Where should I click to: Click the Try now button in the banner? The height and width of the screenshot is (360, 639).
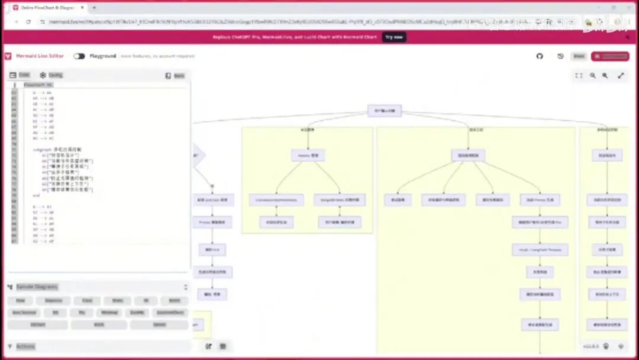point(394,37)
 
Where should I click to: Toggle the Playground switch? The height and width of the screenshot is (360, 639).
point(79,56)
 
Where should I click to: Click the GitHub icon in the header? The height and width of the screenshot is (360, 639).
point(540,56)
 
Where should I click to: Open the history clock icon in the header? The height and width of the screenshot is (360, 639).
point(560,56)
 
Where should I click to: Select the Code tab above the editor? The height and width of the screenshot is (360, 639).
point(20,75)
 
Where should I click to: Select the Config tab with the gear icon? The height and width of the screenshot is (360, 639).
point(51,75)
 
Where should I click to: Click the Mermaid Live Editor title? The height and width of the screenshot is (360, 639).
point(40,56)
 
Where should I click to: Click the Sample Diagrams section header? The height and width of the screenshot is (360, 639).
point(37,287)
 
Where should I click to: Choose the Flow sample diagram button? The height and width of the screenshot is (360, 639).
point(20,301)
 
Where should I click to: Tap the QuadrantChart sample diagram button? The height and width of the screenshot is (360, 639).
point(170,312)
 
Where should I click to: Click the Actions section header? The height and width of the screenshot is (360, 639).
point(25,346)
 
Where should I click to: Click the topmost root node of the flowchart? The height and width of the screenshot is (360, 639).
point(385,111)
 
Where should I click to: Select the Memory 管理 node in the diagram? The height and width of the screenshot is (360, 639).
point(308,156)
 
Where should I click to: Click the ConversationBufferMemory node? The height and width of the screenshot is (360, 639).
point(276,200)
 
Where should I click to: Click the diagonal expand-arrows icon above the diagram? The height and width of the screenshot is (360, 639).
point(621,76)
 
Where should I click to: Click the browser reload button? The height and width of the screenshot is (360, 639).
point(28,21)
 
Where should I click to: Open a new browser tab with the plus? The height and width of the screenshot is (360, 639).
point(94,8)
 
